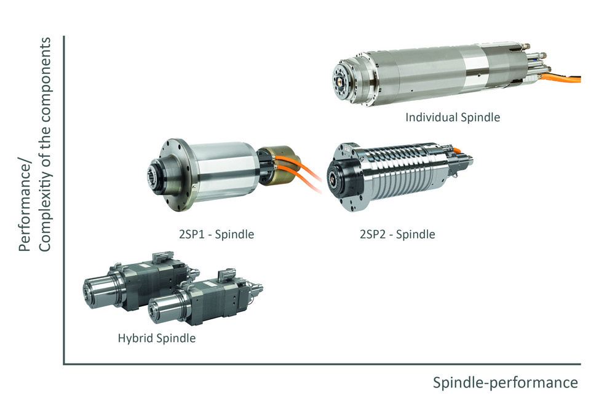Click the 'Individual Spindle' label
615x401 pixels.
click(453, 117)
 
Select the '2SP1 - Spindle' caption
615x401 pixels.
click(216, 234)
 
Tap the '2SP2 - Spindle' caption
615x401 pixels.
click(397, 234)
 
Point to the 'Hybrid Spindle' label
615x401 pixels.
click(156, 338)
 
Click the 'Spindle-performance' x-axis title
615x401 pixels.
click(505, 382)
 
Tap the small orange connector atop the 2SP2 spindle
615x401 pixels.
click(457, 149)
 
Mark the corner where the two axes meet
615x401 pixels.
click(64, 364)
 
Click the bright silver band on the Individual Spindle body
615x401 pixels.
click(474, 69)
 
